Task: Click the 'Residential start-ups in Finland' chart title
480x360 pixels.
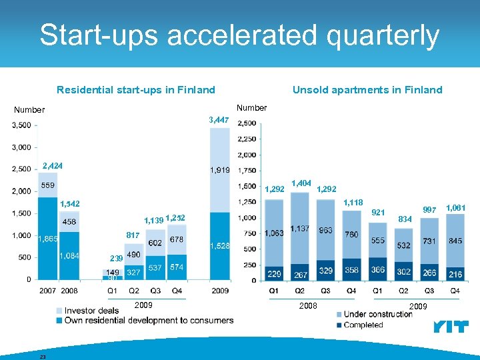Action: tap(136, 89)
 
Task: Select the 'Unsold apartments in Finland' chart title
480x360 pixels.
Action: tap(367, 89)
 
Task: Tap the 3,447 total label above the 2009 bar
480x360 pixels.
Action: tap(219, 120)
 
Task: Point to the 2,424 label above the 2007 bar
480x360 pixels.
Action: tap(53, 165)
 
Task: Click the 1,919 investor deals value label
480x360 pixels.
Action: tap(220, 170)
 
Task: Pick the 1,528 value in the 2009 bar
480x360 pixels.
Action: tap(220, 246)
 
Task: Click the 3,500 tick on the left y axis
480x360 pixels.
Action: tap(21, 125)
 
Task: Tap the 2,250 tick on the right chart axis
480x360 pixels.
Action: tap(247, 139)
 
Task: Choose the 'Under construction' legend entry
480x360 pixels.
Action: tap(378, 314)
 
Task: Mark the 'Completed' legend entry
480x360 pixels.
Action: tap(363, 325)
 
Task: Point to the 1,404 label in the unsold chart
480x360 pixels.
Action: tap(302, 183)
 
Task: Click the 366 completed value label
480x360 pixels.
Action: tap(377, 270)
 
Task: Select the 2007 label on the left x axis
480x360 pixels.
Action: tap(47, 291)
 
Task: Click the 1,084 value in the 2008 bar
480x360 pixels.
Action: tap(70, 255)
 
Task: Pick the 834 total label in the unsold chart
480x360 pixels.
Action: tap(405, 218)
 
